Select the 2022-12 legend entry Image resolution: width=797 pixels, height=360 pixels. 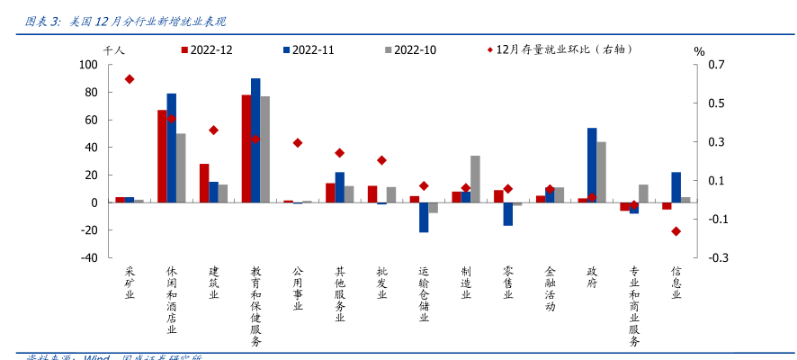207,50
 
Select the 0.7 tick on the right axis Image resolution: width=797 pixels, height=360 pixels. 716,65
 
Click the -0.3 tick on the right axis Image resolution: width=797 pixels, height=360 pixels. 716,257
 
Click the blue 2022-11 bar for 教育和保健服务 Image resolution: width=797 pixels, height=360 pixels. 255,140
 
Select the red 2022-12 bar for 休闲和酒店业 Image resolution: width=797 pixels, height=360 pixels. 162,157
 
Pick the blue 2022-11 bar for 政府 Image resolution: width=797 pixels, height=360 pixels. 592,165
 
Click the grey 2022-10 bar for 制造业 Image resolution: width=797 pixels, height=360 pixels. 475,179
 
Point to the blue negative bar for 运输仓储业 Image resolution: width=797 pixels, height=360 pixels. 424,217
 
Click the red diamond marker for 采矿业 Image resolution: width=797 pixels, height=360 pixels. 130,79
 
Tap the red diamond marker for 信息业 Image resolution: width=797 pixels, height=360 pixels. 676,231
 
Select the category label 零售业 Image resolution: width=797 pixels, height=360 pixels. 508,287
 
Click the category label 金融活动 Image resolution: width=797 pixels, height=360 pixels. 550,290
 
